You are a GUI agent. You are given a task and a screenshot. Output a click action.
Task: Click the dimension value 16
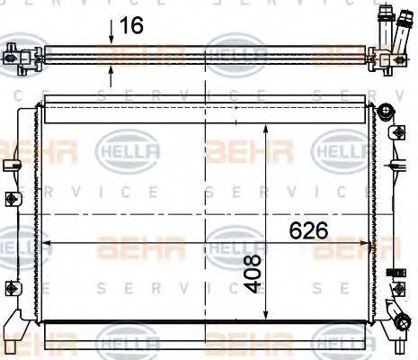coord(132,25)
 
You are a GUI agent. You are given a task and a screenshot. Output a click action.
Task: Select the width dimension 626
coord(307,230)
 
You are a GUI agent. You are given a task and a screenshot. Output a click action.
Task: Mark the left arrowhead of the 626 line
coord(49,244)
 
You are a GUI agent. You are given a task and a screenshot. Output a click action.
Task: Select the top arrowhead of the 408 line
coord(264,130)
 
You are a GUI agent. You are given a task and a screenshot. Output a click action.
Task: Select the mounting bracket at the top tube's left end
coord(15,56)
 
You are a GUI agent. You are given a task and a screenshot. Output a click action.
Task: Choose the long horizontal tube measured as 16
coord(198,57)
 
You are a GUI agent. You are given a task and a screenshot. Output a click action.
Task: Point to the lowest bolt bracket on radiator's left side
coord(11,287)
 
